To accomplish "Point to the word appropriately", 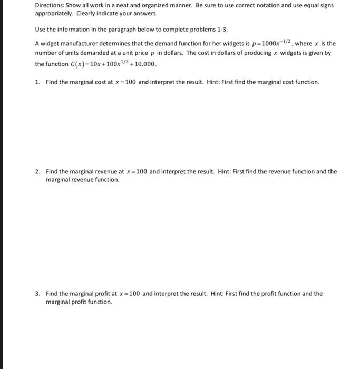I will [x=54, y=13].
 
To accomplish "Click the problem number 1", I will [x=37, y=82].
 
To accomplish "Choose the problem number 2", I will [x=37, y=171].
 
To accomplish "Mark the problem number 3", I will [x=37, y=293].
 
